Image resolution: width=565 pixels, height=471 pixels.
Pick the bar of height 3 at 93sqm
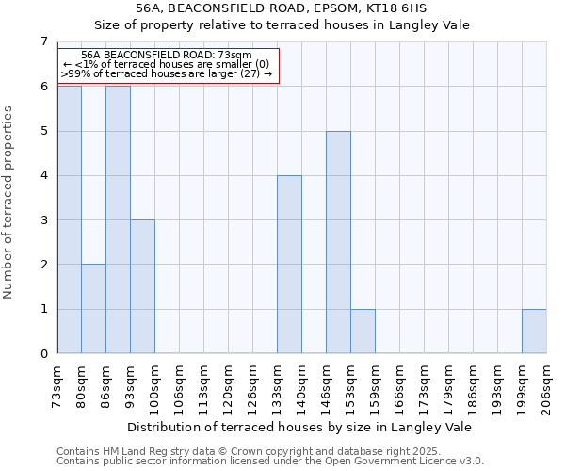(142, 286)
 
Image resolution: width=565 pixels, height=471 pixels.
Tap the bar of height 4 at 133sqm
(289, 265)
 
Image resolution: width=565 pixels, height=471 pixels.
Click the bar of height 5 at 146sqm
(338, 242)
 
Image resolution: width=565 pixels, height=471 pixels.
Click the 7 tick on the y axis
(43, 41)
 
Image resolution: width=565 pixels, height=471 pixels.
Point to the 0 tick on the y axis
(43, 353)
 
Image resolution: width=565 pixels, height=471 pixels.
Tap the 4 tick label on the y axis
(43, 175)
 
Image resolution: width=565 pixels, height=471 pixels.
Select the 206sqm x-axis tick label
(547, 385)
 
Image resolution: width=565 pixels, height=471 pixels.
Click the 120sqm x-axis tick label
(229, 385)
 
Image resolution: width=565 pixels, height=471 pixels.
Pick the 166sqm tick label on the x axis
(400, 385)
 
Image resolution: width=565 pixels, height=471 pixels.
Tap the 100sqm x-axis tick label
(155, 385)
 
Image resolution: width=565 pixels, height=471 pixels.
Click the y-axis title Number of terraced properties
(9, 202)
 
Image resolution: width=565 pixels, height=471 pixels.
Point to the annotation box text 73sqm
(234, 56)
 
